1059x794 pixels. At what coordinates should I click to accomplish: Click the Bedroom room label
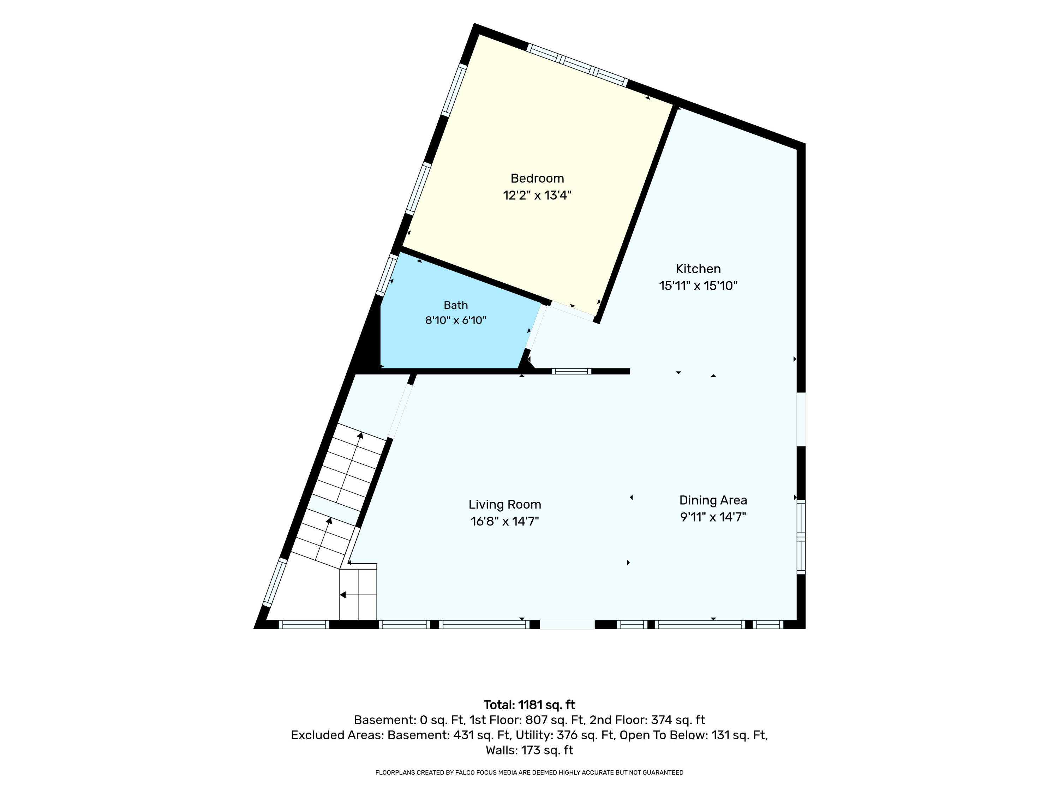coord(537,179)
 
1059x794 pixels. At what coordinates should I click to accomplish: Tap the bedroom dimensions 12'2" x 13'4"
coord(537,195)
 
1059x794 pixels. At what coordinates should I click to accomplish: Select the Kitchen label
coord(698,269)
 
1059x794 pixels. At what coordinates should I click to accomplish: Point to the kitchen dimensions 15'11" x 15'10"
coord(698,286)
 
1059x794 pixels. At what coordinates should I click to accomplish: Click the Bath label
coord(456,305)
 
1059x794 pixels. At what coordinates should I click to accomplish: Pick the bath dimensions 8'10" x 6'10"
coord(456,320)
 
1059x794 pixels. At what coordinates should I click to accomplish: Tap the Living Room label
coord(504,504)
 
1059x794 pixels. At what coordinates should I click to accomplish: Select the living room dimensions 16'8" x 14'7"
coord(504,521)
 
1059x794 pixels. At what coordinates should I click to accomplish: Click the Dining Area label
coord(713,500)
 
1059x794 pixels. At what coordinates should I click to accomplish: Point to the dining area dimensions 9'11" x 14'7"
coord(713,517)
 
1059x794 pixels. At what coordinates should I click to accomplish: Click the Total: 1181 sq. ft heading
coord(529,705)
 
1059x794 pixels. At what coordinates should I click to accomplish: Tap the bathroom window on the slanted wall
coord(387,274)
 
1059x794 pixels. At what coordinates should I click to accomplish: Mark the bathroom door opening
coord(536,328)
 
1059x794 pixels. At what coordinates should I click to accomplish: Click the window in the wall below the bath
coord(571,371)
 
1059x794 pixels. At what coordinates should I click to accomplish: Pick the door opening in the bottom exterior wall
coord(567,625)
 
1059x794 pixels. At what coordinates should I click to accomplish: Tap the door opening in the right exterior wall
coord(801,419)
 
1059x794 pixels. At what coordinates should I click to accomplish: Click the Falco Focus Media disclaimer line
coord(529,772)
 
